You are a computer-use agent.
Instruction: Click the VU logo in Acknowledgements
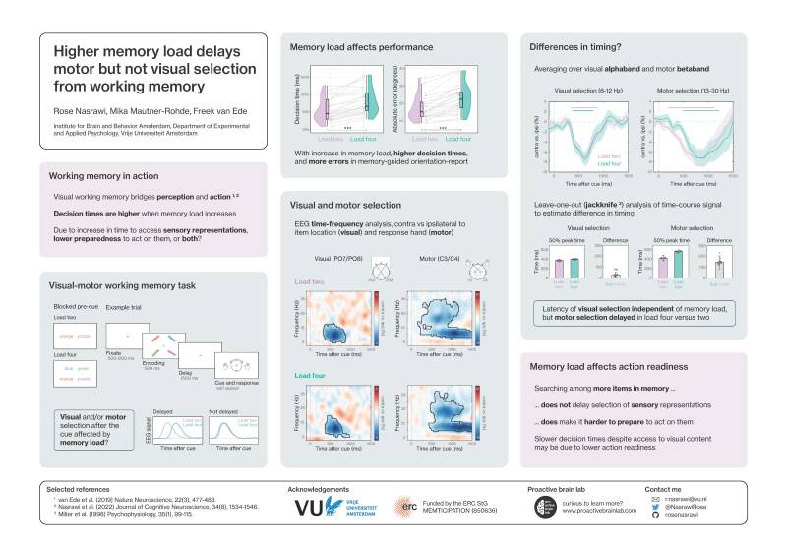click(325, 508)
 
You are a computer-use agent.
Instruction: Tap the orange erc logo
click(405, 508)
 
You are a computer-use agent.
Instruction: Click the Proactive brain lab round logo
click(542, 508)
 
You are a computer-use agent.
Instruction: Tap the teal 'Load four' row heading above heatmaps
click(311, 374)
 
